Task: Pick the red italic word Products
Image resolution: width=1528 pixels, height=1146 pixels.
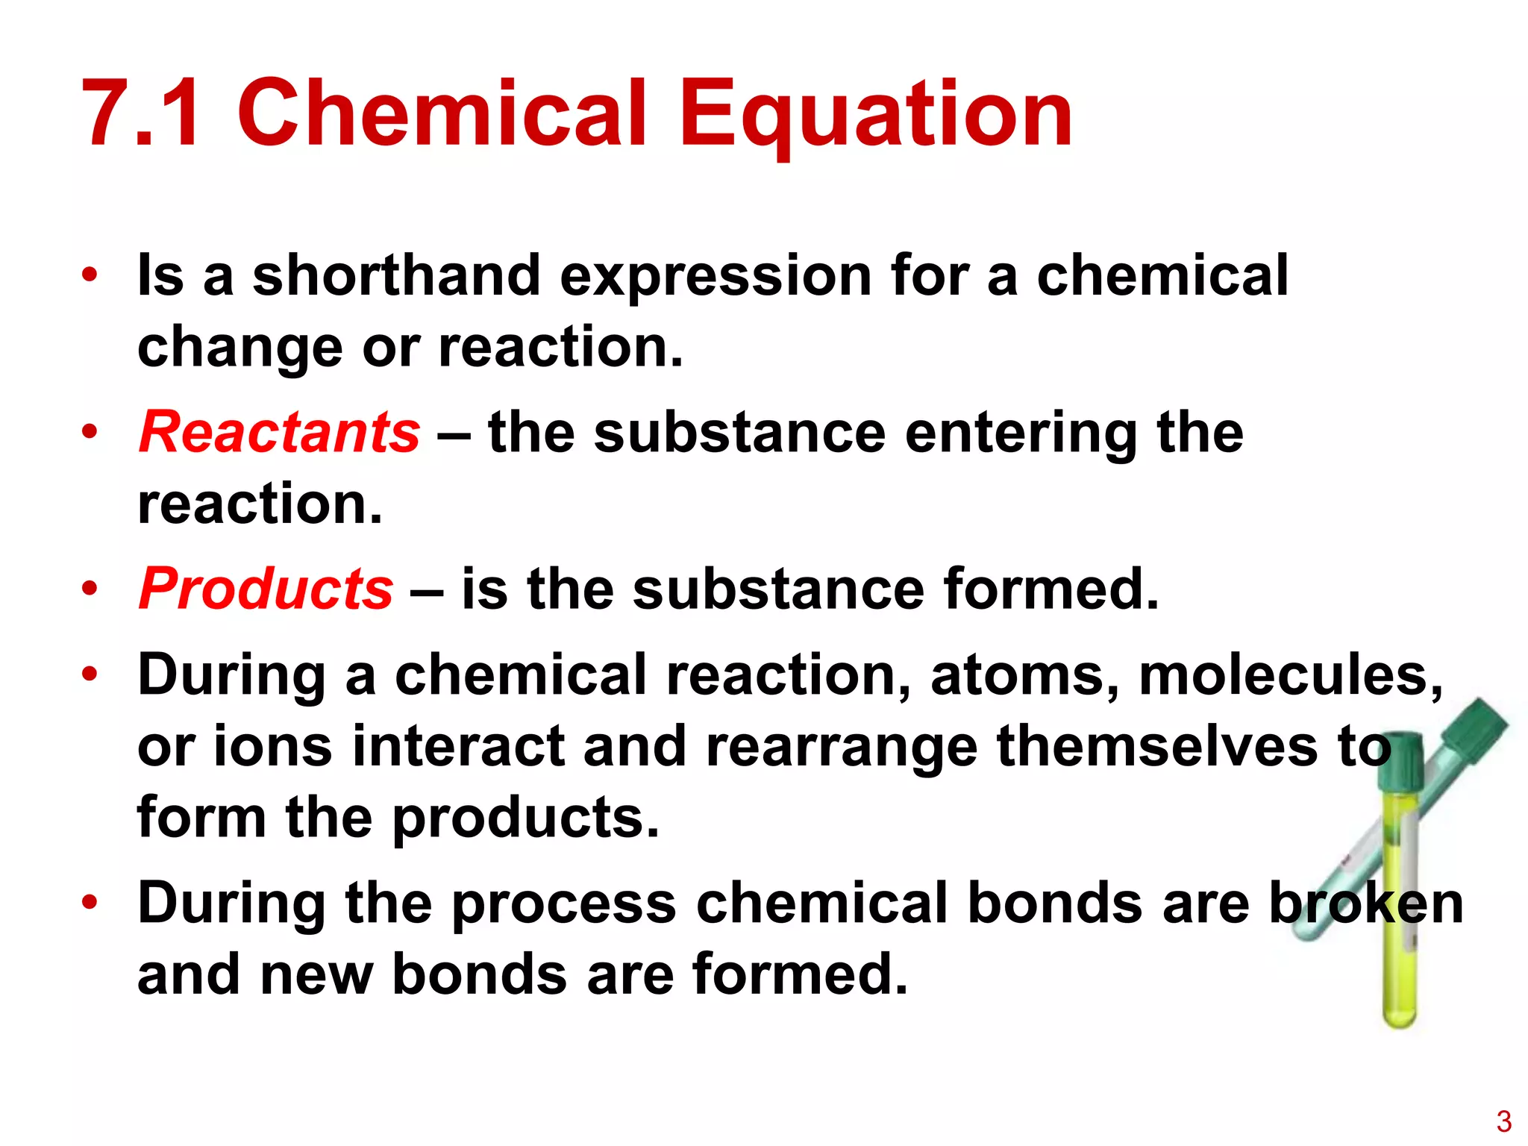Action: coord(266,589)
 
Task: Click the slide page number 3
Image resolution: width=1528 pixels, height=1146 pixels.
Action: coord(1503,1121)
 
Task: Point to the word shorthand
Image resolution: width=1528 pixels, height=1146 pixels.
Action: coord(396,275)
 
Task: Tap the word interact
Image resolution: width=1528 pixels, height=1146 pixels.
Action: coord(458,746)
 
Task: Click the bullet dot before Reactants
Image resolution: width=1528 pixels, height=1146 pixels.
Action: coord(90,432)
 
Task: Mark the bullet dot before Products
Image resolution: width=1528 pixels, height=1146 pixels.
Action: coord(90,589)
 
